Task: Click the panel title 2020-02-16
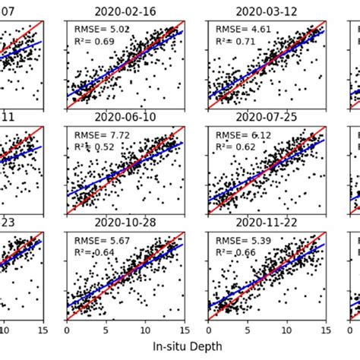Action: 126,12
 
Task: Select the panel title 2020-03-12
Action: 267,12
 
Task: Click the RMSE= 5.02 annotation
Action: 101,30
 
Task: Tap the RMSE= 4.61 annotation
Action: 242,30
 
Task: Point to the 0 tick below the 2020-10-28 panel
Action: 68,330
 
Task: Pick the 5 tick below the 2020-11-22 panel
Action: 246,330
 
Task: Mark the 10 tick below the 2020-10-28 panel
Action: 146,330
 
